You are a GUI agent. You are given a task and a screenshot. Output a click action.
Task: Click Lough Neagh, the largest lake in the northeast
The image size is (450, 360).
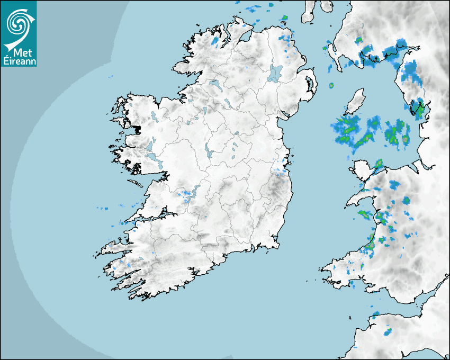(275, 73)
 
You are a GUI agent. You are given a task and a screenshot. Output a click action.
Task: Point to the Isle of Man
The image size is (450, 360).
(356, 101)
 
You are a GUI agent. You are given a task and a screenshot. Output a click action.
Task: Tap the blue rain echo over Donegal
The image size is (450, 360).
(215, 41)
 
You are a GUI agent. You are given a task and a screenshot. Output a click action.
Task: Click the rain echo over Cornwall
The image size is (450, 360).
(388, 332)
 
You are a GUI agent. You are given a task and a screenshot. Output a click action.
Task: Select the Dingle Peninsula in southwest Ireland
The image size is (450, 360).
(114, 248)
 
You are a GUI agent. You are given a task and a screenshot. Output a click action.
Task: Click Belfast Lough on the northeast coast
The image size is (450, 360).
(303, 67)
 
